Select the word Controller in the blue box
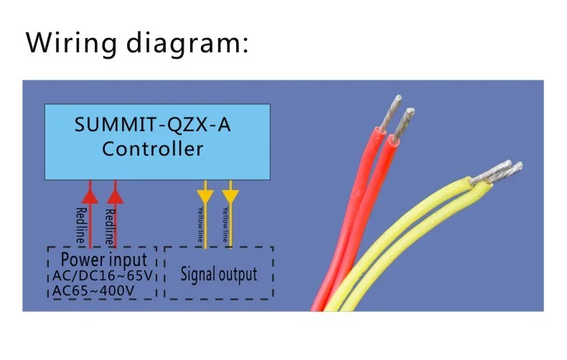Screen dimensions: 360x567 coord(152,150)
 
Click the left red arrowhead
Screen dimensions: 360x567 coord(90,192)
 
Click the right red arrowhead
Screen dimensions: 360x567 coord(115,192)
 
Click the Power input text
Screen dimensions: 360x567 coord(104,259)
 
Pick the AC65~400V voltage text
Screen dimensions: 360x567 coord(95,290)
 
